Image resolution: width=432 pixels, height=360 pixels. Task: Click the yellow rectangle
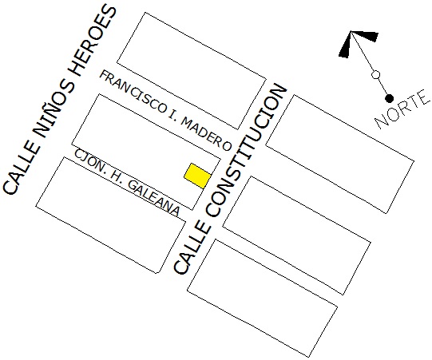click(197, 176)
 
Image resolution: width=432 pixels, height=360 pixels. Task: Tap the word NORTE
click(402, 109)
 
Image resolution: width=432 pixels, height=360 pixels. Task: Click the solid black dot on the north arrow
click(389, 98)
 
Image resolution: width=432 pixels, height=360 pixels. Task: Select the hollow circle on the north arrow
click(375, 74)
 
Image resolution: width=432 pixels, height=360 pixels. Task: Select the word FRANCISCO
click(133, 92)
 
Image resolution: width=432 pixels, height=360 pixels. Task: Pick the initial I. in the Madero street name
click(173, 113)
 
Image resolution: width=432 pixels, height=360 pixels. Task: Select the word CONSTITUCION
click(246, 150)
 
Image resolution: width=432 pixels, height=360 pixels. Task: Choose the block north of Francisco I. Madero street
click(192, 71)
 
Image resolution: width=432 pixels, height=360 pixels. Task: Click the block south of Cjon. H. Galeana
click(111, 215)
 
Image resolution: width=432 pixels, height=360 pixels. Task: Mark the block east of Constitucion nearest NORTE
click(340, 154)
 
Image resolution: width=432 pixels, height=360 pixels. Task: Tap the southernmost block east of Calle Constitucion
click(262, 299)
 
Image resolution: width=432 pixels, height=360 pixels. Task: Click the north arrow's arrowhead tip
click(351, 31)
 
